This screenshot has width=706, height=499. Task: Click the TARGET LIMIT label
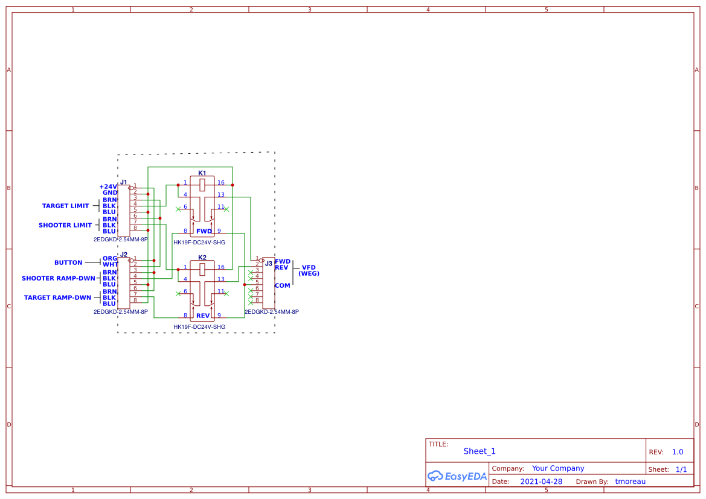point(65,206)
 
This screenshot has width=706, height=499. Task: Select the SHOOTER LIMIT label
point(65,225)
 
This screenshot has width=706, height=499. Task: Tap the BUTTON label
point(68,262)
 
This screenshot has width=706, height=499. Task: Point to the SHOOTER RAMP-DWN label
point(59,278)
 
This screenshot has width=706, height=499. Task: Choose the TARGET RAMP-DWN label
point(57,297)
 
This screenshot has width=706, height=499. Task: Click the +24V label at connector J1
point(108,186)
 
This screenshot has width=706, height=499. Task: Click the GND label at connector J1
point(109,192)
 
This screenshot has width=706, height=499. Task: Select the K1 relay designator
point(202,173)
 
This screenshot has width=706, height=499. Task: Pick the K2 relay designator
point(202,258)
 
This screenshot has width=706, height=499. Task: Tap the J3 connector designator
point(268,263)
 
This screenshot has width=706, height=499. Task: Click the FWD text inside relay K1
point(204,231)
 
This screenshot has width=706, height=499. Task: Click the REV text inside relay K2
point(203,316)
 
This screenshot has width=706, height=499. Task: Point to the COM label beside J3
point(282,285)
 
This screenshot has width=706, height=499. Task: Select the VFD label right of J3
point(309,267)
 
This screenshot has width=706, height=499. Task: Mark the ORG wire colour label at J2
point(109,258)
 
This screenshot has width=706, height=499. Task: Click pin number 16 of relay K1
point(221,182)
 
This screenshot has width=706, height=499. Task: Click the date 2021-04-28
point(541,482)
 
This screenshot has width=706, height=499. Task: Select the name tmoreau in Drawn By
point(630,482)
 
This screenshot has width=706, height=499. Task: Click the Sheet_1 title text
point(480,451)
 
